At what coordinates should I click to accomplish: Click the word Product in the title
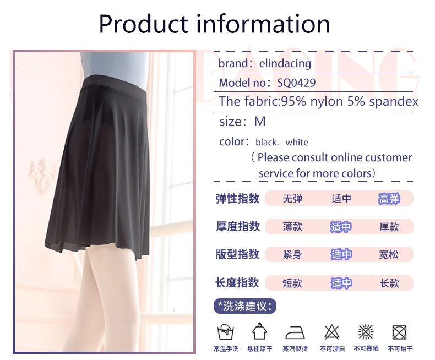point(144,24)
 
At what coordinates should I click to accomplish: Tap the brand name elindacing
point(285,64)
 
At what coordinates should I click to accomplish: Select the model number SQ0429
point(296,83)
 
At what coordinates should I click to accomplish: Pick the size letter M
point(260,122)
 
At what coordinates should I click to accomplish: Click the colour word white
point(297,142)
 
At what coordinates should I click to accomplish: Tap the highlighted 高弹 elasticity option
point(389,199)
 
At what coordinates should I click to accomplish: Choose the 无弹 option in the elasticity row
point(292,199)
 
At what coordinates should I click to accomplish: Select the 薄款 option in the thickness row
point(292,227)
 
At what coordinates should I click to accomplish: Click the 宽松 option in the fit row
point(389,254)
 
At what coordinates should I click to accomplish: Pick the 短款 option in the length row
point(292,283)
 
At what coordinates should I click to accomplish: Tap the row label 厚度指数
point(238,226)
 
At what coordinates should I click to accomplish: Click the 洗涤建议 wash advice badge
point(245,306)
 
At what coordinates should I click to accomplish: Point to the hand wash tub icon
point(225,332)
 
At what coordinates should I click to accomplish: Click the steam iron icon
point(295,332)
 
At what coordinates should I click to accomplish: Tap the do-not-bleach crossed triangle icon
point(332,332)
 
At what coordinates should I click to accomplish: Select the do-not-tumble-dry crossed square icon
point(400,332)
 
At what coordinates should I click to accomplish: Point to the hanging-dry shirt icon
point(259,331)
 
